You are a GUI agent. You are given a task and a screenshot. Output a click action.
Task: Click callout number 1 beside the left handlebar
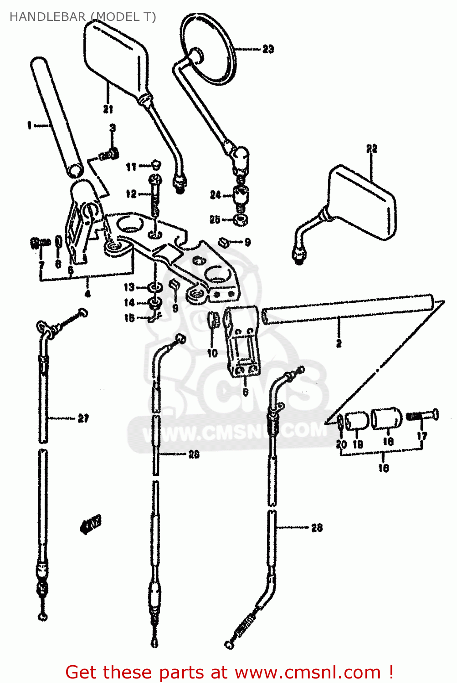coord(30,125)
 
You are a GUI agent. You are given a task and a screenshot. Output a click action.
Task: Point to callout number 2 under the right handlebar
coord(339,343)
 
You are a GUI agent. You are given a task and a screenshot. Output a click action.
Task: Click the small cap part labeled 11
coord(155,165)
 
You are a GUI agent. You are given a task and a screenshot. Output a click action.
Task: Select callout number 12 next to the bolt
coord(131,194)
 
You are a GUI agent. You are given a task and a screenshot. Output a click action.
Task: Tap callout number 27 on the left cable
coord(83,418)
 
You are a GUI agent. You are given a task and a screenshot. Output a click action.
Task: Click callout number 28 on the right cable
coord(317,528)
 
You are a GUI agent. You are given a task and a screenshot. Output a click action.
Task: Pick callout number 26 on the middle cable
coord(194,454)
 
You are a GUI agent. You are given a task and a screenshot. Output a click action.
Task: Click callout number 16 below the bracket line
coord(384,468)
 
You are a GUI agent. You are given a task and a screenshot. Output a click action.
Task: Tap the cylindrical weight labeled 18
coord(387,418)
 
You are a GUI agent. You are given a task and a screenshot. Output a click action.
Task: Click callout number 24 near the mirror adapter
coord(215,195)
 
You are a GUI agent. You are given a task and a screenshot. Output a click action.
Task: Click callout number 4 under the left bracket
coord(87,293)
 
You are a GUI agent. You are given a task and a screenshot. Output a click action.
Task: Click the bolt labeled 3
coord(109,154)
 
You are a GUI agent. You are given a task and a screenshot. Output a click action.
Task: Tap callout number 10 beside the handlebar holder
coord(212,352)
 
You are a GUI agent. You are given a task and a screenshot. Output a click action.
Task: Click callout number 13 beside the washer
coord(129,287)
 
